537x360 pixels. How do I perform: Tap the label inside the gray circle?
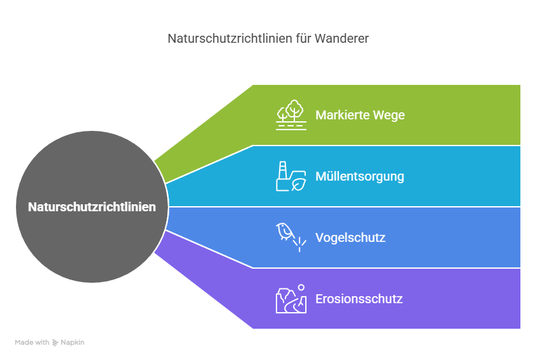(x=92, y=207)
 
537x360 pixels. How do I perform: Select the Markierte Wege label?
(x=359, y=115)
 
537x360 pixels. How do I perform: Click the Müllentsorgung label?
(x=359, y=176)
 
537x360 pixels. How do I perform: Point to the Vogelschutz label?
(x=350, y=237)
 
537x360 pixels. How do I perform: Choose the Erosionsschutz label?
(x=359, y=299)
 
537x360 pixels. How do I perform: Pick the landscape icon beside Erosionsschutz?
(x=291, y=299)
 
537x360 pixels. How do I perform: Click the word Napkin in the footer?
(x=72, y=343)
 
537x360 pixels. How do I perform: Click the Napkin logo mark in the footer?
(x=56, y=343)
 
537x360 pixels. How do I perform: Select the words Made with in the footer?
(x=32, y=343)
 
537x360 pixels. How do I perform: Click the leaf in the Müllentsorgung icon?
(x=298, y=184)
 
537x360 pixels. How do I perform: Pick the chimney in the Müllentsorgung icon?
(x=280, y=169)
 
